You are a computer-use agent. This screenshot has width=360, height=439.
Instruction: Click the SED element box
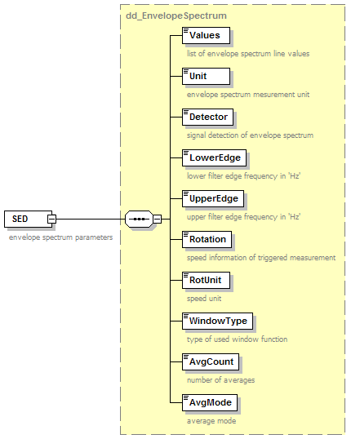click(x=28, y=219)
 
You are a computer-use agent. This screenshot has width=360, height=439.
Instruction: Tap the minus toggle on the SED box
click(x=51, y=219)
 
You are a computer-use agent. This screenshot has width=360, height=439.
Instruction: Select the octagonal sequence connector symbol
click(x=139, y=219)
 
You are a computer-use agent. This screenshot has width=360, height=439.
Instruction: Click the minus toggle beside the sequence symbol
click(x=158, y=219)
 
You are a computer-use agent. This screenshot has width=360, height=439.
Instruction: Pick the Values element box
click(x=206, y=36)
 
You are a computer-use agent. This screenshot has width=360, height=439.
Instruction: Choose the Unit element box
click(x=206, y=77)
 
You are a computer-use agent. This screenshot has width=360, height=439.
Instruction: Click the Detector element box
click(x=207, y=117)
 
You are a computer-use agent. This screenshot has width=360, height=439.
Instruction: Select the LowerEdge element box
click(x=215, y=158)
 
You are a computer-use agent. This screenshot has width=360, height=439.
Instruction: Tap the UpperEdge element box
click(x=213, y=199)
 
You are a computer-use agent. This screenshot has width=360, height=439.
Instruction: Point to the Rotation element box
click(x=207, y=239)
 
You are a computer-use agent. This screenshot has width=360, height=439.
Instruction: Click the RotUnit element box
click(x=206, y=280)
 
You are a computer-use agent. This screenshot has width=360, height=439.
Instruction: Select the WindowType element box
click(x=217, y=321)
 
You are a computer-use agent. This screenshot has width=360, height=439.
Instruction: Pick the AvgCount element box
click(x=211, y=362)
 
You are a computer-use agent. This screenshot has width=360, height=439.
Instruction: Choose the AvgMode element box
click(x=210, y=402)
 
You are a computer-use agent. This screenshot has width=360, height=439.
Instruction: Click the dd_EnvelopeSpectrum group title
click(x=176, y=16)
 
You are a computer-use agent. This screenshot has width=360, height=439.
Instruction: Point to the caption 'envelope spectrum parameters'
click(x=60, y=237)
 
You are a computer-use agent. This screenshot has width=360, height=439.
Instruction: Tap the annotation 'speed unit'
click(x=204, y=299)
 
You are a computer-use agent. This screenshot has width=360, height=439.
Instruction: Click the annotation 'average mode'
click(x=211, y=421)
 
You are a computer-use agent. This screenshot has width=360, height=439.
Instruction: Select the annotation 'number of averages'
click(x=221, y=380)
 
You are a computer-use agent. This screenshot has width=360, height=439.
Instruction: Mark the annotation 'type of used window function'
click(x=238, y=339)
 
